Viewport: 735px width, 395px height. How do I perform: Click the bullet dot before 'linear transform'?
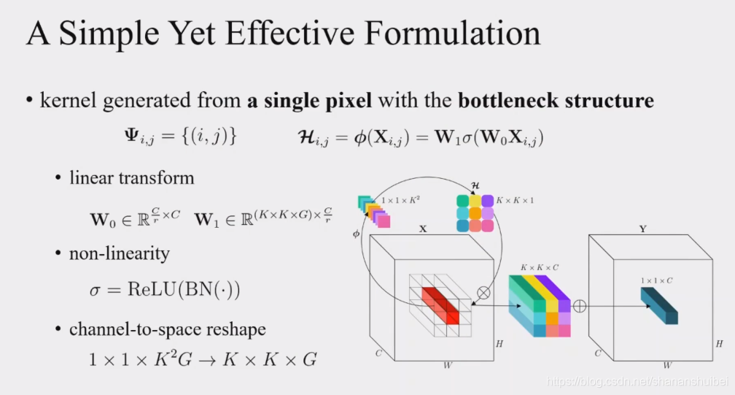59,178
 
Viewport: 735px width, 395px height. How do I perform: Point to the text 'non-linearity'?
119,253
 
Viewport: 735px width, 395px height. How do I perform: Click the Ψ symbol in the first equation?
133,137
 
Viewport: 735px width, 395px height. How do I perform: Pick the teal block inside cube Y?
659,305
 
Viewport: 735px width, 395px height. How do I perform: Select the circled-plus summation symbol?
580,307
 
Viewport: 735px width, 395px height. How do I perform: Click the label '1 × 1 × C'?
658,280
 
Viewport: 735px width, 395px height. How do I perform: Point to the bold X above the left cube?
422,229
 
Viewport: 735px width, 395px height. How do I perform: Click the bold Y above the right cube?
642,229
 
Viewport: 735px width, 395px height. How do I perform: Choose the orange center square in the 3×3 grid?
475,212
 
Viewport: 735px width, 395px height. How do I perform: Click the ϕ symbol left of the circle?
357,234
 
